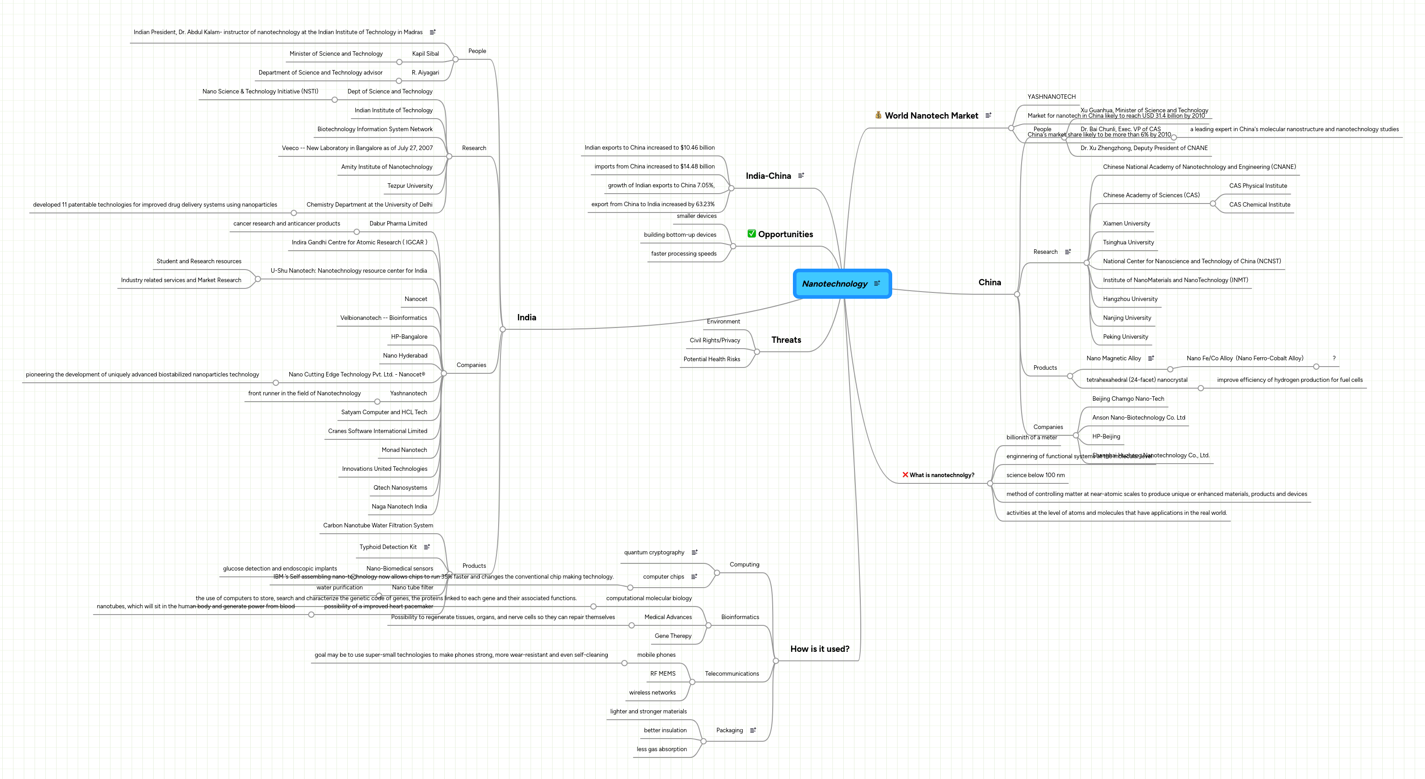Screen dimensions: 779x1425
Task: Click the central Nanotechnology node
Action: pos(835,284)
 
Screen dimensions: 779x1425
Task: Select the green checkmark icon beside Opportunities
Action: pos(751,234)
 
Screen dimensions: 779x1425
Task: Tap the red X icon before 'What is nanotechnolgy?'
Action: pos(905,475)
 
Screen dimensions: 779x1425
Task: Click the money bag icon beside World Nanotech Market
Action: pos(878,115)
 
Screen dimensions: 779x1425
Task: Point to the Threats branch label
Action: pos(786,340)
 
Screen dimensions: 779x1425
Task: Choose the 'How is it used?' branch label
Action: pos(819,649)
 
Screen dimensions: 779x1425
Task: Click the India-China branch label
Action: pos(768,176)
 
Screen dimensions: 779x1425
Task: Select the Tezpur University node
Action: pos(410,186)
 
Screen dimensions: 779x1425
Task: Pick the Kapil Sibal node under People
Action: pos(425,53)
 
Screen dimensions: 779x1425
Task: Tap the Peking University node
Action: pos(1125,337)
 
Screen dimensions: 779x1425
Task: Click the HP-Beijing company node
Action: pos(1106,437)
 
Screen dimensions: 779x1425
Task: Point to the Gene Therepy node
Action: pos(673,636)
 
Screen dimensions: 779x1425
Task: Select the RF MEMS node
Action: pos(663,674)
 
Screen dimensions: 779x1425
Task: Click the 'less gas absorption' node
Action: pos(662,749)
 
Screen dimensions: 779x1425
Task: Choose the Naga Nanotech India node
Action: pos(399,507)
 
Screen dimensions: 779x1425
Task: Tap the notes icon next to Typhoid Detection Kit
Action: pos(426,547)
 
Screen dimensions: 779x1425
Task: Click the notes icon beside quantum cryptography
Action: pos(694,552)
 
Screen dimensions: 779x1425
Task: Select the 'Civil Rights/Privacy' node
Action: pos(715,340)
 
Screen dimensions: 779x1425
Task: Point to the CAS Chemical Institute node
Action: pos(1259,205)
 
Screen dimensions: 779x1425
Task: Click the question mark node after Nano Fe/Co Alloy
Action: pos(1334,359)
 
